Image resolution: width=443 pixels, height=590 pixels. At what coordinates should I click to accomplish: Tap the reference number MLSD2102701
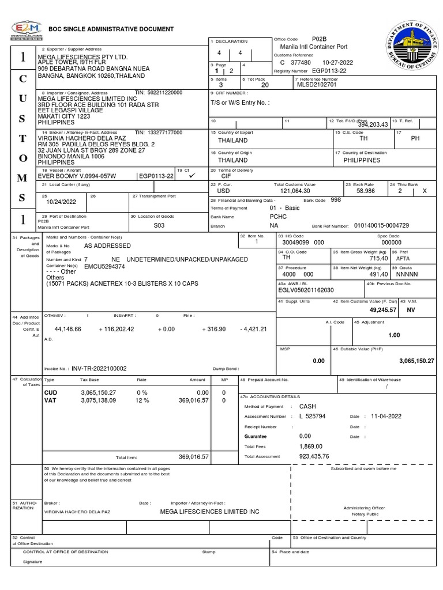click(x=315, y=85)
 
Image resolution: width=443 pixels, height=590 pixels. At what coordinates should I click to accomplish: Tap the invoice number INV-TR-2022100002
click(x=99, y=368)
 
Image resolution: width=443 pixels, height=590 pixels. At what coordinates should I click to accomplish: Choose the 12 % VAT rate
click(x=142, y=400)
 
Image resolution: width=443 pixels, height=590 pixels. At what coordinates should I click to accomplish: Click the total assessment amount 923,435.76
click(x=314, y=456)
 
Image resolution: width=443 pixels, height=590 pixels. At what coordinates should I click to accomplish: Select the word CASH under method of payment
click(x=308, y=406)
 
